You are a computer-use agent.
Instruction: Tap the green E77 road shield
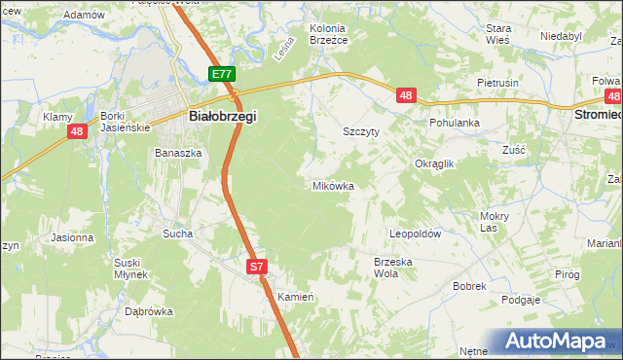(x=222, y=74)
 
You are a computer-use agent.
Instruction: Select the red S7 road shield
(x=255, y=266)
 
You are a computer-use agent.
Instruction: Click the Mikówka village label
(x=332, y=185)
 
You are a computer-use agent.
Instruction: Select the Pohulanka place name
(x=456, y=124)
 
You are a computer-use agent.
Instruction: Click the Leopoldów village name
(x=416, y=234)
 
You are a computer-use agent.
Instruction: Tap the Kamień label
(x=294, y=296)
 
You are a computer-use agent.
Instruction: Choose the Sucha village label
(x=178, y=234)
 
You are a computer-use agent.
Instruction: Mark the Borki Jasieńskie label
(x=123, y=122)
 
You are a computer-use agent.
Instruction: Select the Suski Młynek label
(x=129, y=269)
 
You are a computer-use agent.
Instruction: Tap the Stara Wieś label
(x=498, y=35)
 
